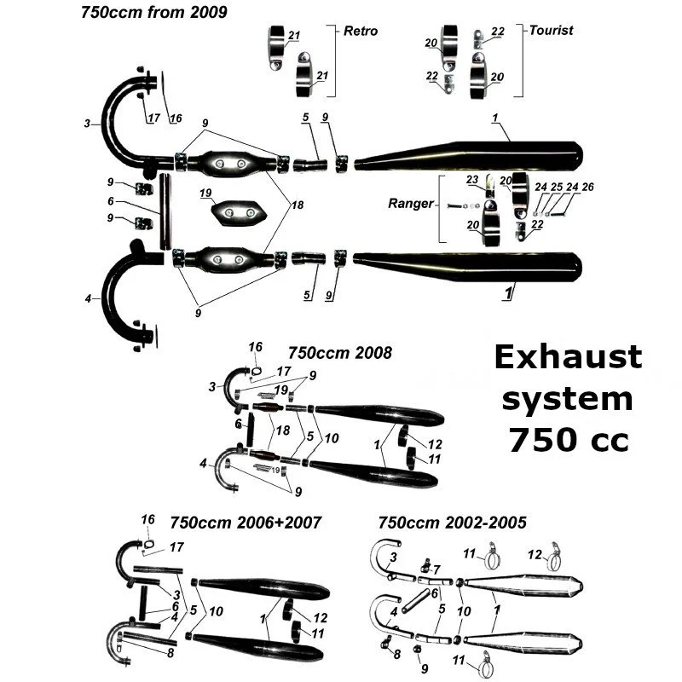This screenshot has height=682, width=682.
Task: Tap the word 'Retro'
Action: pos(361,31)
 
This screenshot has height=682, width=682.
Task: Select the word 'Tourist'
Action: pos(551,30)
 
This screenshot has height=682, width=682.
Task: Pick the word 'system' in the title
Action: pos(569,398)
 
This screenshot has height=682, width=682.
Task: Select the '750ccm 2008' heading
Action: pos(340,352)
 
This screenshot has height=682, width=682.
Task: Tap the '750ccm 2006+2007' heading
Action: pos(246,522)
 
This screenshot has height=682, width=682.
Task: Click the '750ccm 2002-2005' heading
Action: pos(452,522)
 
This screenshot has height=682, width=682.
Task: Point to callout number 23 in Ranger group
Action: pos(473,180)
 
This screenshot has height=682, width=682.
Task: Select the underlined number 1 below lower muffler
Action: pos(508,292)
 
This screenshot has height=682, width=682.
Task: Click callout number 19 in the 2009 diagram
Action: pos(205,194)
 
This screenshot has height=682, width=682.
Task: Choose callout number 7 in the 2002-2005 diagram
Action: pos(436,569)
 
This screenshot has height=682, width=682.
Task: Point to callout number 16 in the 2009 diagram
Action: pos(176,118)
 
